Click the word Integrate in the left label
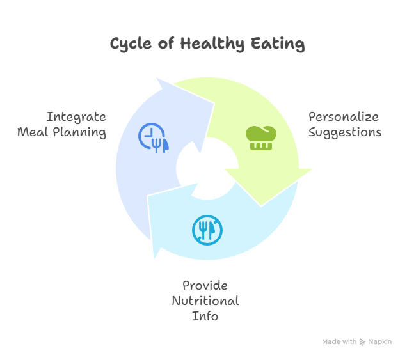(76, 117)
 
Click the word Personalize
(343, 117)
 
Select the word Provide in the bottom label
(205, 285)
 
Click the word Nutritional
(205, 301)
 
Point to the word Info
(205, 316)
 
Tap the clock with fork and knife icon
(154, 137)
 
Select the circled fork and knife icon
(207, 229)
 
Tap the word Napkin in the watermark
(380, 342)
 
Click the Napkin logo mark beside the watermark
(363, 342)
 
